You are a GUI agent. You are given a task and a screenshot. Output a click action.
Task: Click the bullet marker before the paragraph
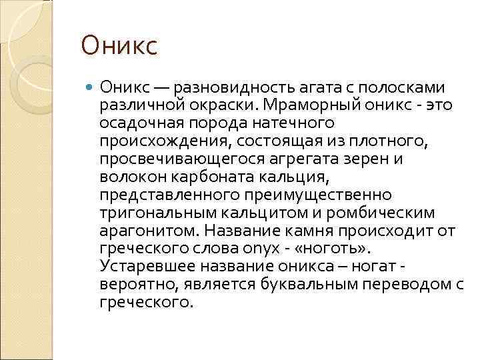[91, 88]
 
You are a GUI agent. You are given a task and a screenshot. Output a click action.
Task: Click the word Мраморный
[305, 105]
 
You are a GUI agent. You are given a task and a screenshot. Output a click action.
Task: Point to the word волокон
[127, 177]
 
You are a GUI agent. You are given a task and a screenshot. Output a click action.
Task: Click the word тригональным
[142, 213]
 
